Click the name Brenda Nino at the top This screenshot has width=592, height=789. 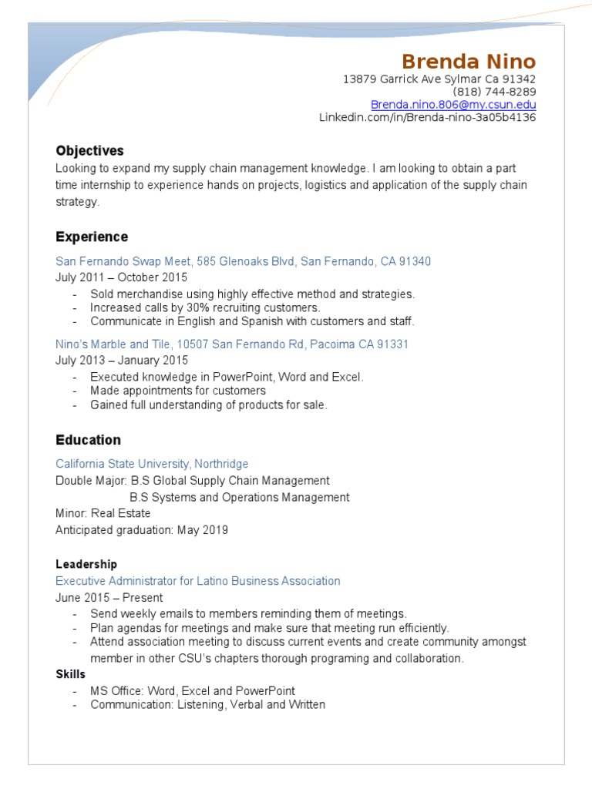468,62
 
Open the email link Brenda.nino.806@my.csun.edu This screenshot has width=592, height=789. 452,105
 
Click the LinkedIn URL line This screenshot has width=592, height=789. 427,118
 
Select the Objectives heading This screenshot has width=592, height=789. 89,151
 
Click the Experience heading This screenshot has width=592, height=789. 92,237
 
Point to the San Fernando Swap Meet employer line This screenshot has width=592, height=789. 243,262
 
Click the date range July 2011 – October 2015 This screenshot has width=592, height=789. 121,277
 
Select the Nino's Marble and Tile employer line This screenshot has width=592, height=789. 231,344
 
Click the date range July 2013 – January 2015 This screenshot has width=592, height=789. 121,360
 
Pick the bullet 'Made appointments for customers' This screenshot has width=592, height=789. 177,391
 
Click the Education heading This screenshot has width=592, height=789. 88,440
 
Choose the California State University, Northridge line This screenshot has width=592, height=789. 152,464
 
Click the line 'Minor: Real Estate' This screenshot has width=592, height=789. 103,513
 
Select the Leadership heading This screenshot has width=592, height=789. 86,565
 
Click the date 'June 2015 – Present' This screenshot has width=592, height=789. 109,597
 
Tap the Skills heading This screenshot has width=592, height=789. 71,674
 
